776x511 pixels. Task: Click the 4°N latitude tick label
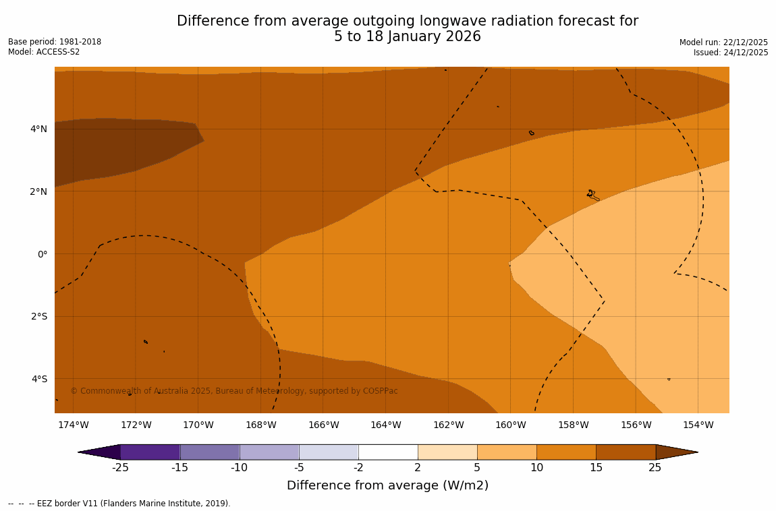pyautogui.click(x=38, y=129)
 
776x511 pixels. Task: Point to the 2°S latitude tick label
pyautogui.click(x=38, y=316)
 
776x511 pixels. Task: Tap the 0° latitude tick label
pyautogui.click(x=43, y=254)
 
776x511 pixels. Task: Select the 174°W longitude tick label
pyautogui.click(x=73, y=425)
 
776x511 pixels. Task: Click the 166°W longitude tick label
pyautogui.click(x=323, y=425)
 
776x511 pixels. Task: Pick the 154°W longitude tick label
pyautogui.click(x=698, y=425)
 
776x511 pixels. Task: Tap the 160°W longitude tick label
pyautogui.click(x=510, y=425)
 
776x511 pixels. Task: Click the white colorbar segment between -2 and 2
pyautogui.click(x=388, y=452)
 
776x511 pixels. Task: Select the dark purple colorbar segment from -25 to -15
pyautogui.click(x=150, y=452)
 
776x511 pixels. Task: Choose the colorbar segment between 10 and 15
pyautogui.click(x=566, y=452)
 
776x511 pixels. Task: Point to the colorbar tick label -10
pyautogui.click(x=239, y=468)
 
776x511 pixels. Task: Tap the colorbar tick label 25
pyautogui.click(x=655, y=468)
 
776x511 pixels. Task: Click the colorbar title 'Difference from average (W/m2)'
pyautogui.click(x=387, y=485)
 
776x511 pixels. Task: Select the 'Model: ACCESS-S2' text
pyautogui.click(x=44, y=52)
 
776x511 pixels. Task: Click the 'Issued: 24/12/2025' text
pyautogui.click(x=731, y=53)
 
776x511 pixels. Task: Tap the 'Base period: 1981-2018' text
pyautogui.click(x=55, y=42)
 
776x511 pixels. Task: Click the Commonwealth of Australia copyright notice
pyautogui.click(x=234, y=391)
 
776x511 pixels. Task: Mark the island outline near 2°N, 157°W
pyautogui.click(x=592, y=194)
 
